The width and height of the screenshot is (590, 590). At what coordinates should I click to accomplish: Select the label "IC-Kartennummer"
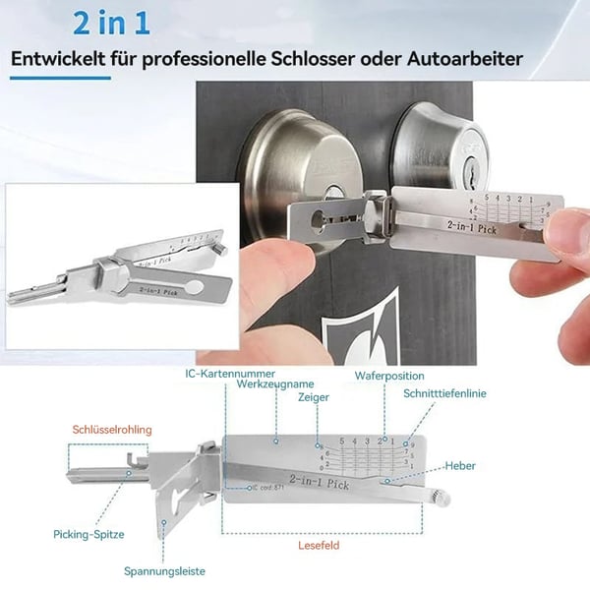tap(230, 374)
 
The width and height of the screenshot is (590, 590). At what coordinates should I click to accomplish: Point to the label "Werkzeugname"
tap(278, 384)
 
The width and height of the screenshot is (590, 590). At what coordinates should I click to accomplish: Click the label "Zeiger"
tap(314, 398)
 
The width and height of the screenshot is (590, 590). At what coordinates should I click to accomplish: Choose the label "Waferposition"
tap(389, 376)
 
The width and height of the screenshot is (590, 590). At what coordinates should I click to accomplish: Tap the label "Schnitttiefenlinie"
tap(444, 393)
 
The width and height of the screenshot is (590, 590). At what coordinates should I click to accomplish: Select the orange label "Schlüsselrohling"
tap(110, 430)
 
